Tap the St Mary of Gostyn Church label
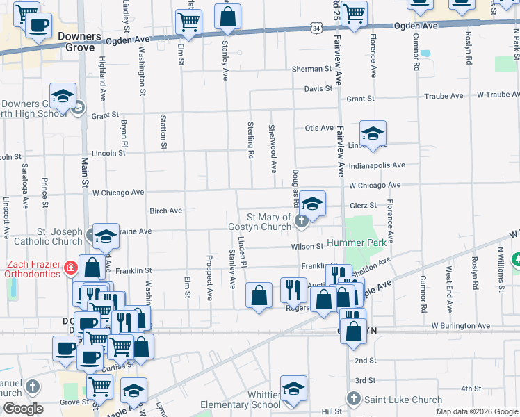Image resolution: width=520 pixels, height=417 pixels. (259, 222)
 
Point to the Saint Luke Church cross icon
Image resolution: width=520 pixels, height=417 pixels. (353, 399)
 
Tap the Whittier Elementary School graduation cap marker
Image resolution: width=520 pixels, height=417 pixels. (293, 390)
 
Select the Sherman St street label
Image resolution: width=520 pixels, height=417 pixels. (311, 69)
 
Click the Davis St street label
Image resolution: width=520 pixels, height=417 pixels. (318, 89)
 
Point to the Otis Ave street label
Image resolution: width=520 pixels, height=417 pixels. (319, 128)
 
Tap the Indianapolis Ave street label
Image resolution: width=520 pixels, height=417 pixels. (377, 165)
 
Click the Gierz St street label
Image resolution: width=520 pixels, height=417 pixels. (362, 205)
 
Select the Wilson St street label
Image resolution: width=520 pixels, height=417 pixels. (308, 246)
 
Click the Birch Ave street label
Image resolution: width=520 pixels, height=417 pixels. (165, 210)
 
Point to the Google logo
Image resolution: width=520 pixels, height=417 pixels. (22, 409)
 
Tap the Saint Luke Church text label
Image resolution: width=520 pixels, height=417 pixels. (403, 400)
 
